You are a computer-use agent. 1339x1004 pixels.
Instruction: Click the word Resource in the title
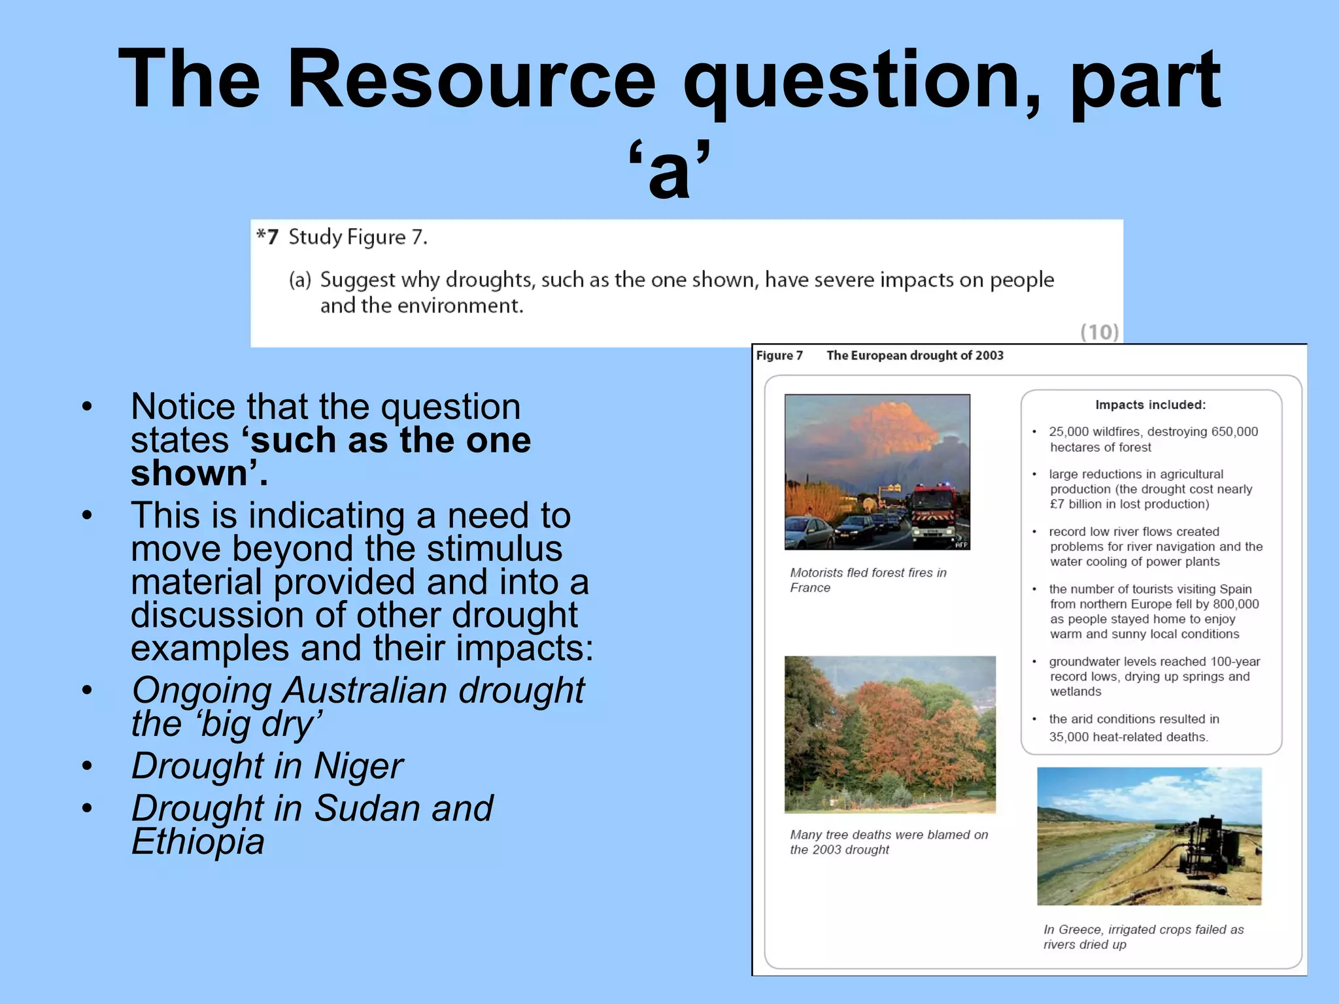point(471,80)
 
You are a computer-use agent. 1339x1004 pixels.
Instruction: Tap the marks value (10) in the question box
point(1099,332)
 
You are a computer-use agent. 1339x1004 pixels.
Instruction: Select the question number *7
point(268,237)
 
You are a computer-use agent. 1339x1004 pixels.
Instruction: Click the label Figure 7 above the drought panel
point(779,356)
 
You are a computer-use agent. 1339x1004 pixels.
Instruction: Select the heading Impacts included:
point(1150,405)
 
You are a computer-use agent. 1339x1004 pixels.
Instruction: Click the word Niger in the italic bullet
point(358,766)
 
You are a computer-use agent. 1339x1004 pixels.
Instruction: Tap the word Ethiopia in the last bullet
point(198,841)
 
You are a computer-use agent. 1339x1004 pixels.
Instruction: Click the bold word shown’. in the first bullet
point(199,473)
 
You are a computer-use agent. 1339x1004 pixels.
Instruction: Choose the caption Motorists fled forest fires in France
point(868,580)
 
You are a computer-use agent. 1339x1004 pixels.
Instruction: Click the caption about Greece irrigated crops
point(1143,937)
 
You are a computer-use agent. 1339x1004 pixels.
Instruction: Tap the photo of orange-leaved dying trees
point(890,734)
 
